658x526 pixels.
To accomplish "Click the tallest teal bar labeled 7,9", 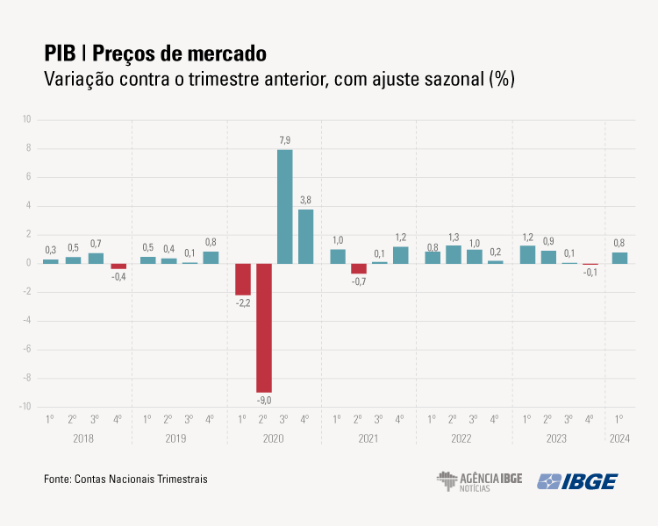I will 285,207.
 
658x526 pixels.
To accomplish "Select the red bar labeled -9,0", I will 263,328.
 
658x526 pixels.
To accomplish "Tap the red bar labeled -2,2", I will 242,279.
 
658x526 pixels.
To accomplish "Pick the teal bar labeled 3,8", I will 305,237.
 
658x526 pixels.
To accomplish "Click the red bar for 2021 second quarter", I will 358,268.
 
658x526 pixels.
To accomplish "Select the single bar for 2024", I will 619,258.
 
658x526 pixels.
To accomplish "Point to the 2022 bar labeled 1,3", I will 454,254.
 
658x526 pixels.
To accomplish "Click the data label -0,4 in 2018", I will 118,277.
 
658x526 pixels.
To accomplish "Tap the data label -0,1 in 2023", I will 590,273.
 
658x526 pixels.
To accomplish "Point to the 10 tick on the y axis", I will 26,120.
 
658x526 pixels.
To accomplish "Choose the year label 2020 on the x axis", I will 274,437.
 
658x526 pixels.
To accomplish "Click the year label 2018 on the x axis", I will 83,437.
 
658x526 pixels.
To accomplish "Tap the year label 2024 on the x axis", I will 619,437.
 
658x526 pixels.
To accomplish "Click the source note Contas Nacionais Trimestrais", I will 141,480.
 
